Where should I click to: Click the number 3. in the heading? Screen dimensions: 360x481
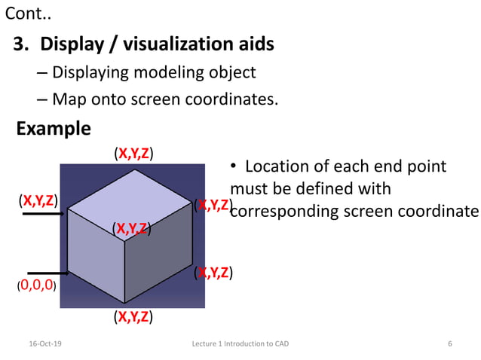coord(22,44)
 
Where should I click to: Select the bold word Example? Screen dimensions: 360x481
coord(54,129)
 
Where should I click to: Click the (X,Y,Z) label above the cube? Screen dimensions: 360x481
coord(133,154)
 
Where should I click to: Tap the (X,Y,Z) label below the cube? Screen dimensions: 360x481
coord(133,316)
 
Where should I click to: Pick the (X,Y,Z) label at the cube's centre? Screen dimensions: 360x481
coord(132,227)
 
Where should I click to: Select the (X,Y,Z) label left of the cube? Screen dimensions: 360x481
coord(38,200)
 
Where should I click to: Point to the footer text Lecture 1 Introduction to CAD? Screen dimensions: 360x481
coord(240,343)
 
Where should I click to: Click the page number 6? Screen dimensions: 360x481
coord(450,343)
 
